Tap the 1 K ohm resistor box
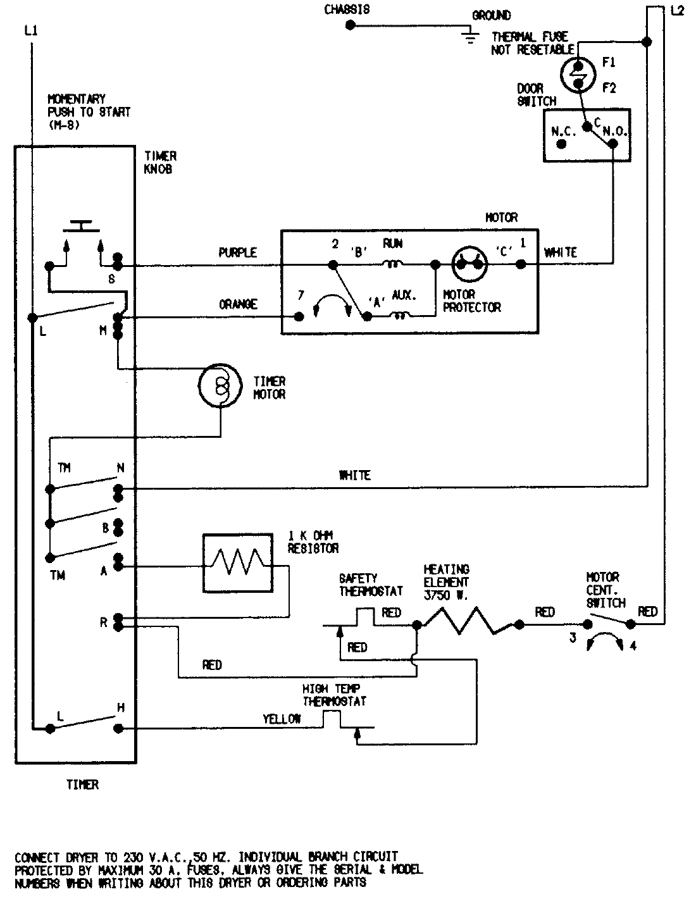coord(237,563)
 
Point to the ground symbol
coord(469,37)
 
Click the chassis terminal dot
coord(350,25)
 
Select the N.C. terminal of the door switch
coord(561,144)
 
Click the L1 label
coord(30,30)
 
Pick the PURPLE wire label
coord(237,253)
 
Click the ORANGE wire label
coord(238,304)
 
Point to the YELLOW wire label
coord(282,719)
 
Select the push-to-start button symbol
coord(80,225)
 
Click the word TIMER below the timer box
coord(82,785)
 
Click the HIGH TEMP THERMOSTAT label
coord(335,695)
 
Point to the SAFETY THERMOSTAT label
coord(371,585)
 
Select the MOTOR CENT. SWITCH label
coord(606,590)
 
